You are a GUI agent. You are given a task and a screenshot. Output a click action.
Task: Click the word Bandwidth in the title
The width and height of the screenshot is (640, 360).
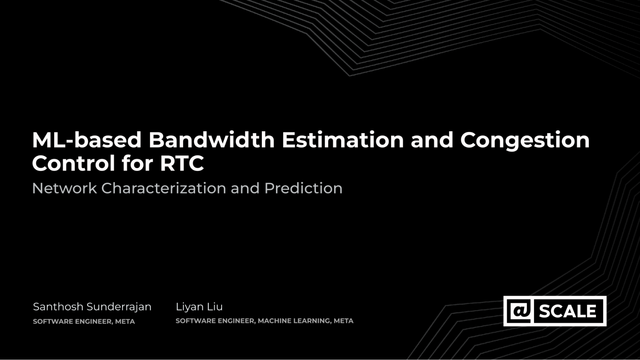click(212, 140)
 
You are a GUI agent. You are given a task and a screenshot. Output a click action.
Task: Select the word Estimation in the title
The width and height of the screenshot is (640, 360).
click(343, 140)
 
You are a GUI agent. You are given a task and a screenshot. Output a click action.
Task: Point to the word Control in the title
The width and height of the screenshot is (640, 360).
click(74, 163)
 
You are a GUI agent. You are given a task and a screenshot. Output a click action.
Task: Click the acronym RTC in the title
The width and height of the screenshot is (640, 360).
click(182, 163)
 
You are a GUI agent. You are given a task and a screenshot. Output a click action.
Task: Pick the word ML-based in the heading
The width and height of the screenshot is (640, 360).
click(87, 140)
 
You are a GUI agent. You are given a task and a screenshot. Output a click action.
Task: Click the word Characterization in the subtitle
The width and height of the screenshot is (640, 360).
click(164, 188)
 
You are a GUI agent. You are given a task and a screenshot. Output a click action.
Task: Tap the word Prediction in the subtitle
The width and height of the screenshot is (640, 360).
click(304, 188)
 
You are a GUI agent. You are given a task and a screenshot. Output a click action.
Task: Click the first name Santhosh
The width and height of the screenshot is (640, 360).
click(58, 307)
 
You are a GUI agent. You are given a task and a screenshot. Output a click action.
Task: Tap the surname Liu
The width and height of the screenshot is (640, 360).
click(215, 307)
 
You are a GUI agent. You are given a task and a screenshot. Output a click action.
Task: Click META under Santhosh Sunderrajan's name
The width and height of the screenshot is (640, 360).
click(125, 321)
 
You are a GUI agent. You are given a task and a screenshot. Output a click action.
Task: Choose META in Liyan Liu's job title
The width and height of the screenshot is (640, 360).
click(344, 321)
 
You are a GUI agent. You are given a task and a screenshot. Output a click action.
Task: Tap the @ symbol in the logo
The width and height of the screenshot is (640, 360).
click(520, 311)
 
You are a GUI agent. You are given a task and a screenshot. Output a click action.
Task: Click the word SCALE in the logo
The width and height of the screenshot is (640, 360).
click(568, 311)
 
